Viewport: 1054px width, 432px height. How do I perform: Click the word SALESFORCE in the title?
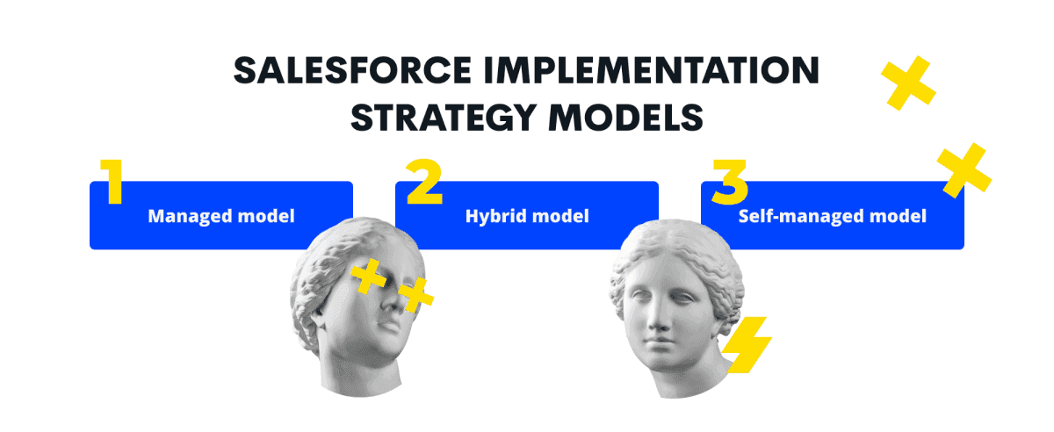tap(352, 70)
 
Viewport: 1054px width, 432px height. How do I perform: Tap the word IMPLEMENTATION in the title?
tap(652, 70)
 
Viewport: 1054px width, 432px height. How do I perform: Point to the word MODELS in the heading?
tap(626, 117)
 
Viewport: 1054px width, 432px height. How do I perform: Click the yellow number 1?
tap(112, 181)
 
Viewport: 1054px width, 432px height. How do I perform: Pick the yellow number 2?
tap(424, 181)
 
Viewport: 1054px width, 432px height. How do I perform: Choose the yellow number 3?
tap(730, 182)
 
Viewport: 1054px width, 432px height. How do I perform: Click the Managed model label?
tap(221, 216)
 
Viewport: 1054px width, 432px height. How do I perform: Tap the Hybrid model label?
tap(527, 216)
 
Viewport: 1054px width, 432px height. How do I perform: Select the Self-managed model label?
tap(833, 216)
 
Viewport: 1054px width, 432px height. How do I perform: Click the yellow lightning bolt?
tap(747, 345)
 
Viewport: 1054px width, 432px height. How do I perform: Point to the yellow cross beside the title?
tap(908, 83)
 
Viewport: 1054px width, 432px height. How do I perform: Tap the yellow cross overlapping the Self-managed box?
tap(964, 170)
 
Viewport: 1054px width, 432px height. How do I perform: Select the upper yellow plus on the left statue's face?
tap(368, 277)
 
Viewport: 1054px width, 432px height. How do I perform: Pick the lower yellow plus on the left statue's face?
tap(416, 295)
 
